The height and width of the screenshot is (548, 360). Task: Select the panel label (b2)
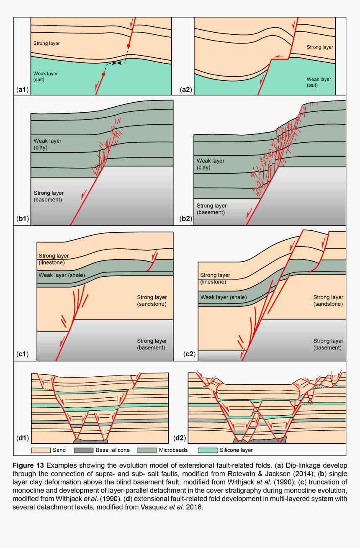point(186,219)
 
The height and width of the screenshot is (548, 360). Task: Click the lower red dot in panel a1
point(103,74)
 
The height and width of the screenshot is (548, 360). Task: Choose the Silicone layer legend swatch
point(208,450)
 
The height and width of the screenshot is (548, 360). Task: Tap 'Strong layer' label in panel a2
point(320,47)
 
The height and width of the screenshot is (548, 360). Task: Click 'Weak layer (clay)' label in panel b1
point(47,144)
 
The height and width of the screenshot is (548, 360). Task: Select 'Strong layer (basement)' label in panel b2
point(211,209)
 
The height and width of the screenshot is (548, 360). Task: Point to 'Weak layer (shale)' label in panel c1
point(62,275)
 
